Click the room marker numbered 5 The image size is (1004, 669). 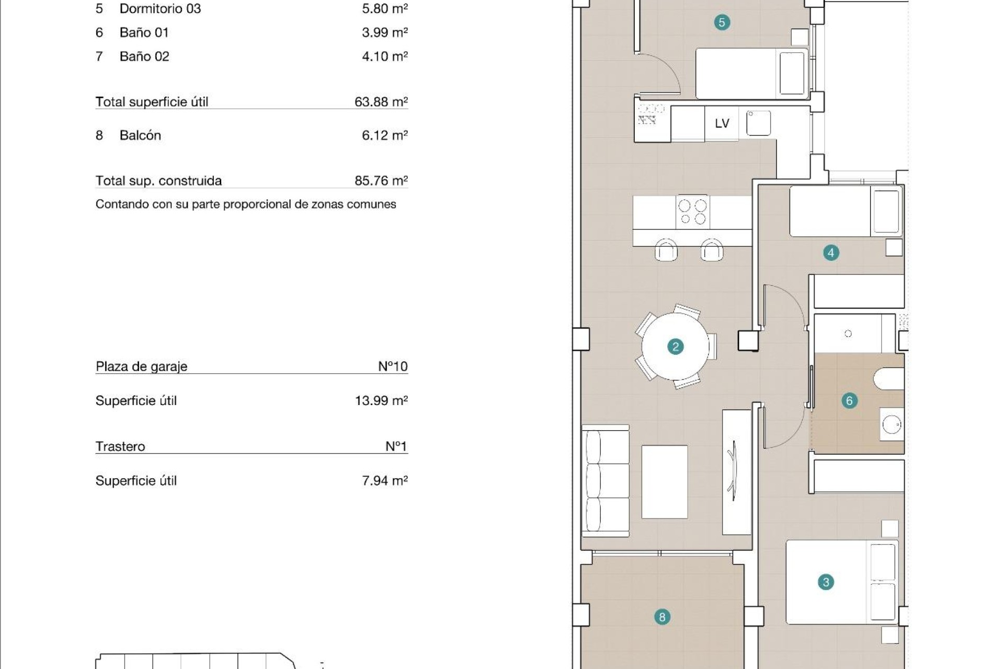click(722, 22)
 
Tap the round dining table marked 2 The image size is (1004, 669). click(675, 347)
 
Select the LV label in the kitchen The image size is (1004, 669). click(722, 123)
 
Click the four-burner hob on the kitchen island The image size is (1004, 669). click(692, 212)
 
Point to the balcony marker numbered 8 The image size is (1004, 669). click(662, 617)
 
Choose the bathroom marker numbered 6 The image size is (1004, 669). click(849, 401)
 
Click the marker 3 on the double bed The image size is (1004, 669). click(826, 582)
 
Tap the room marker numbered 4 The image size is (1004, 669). click(830, 253)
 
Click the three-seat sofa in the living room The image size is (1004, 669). click(606, 481)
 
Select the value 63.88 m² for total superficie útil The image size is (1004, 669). click(381, 101)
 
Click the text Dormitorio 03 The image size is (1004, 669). click(160, 9)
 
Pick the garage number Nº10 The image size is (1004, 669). click(392, 366)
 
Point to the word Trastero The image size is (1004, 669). click(120, 446)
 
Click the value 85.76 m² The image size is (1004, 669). click(381, 180)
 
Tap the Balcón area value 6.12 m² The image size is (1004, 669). click(384, 135)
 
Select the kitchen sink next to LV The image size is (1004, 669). click(758, 123)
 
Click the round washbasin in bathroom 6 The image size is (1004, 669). click(891, 425)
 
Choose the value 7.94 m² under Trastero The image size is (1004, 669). click(384, 480)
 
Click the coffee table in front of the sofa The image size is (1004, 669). click(664, 481)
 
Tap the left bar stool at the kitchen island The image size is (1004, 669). click(666, 250)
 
